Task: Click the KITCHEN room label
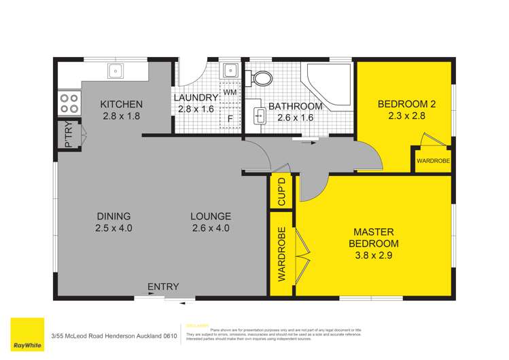pos(122,104)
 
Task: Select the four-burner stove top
pos(69,103)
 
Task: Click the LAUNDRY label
pos(196,98)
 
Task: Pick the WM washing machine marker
pos(230,92)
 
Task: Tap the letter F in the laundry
pos(230,118)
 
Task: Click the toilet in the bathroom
pos(260,79)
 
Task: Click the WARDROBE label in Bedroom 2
pos(433,161)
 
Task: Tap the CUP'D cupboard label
pos(282,192)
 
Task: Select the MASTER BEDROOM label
pos(374,237)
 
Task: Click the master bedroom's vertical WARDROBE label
pos(281,255)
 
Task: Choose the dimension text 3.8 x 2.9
pos(374,256)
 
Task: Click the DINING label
pos(113,217)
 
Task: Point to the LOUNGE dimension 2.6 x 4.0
pos(211,228)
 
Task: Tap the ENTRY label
pos(163,287)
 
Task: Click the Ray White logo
pos(27,335)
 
